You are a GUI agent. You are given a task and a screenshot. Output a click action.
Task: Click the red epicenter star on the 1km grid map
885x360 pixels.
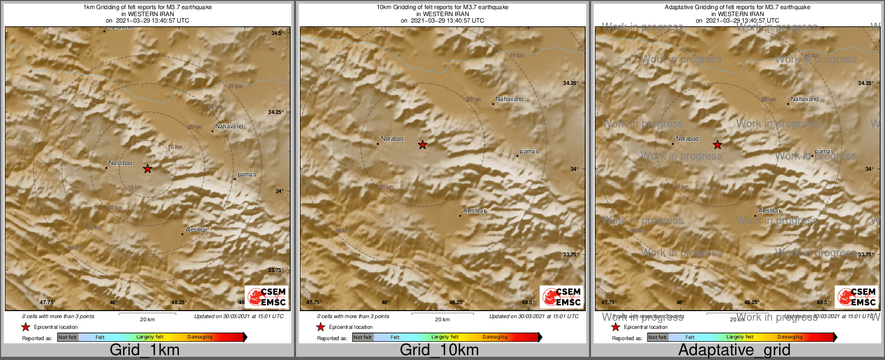[147, 169]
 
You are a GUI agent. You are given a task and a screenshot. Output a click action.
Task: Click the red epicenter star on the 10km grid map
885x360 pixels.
[423, 145]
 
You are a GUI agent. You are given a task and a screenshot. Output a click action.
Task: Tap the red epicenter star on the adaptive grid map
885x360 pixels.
[717, 145]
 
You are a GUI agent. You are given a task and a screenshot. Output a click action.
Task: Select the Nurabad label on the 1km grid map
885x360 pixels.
[120, 163]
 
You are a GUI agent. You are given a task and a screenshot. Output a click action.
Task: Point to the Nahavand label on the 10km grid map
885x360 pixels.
[509, 99]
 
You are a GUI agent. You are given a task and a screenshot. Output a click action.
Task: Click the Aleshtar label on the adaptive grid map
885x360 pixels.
[769, 211]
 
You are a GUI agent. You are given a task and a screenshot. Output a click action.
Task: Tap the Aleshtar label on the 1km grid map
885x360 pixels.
[196, 229]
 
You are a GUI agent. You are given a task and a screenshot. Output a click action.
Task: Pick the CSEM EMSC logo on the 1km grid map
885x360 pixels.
[267, 297]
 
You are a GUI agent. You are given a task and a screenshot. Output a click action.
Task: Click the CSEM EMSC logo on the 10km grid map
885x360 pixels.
[562, 297]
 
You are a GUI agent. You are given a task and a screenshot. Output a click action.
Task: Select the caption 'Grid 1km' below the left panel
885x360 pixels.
[144, 350]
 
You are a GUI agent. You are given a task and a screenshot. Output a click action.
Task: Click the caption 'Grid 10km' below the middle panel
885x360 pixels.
[439, 350]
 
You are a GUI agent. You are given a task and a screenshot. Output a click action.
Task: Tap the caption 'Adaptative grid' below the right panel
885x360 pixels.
[734, 350]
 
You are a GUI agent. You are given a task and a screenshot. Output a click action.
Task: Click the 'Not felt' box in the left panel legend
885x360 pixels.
[68, 337]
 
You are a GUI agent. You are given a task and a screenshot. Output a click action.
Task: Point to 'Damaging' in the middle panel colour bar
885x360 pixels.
[495, 337]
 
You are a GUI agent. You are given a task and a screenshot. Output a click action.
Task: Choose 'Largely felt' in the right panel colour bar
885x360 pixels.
[740, 337]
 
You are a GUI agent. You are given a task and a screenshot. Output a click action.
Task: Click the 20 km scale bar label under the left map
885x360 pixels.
[147, 319]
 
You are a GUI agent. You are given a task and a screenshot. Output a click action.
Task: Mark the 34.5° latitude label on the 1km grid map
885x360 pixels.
[277, 33]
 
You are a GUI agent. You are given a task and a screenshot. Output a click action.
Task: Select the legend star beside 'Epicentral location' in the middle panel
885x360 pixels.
[321, 327]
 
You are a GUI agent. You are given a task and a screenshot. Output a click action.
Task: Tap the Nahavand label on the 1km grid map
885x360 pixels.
[229, 126]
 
